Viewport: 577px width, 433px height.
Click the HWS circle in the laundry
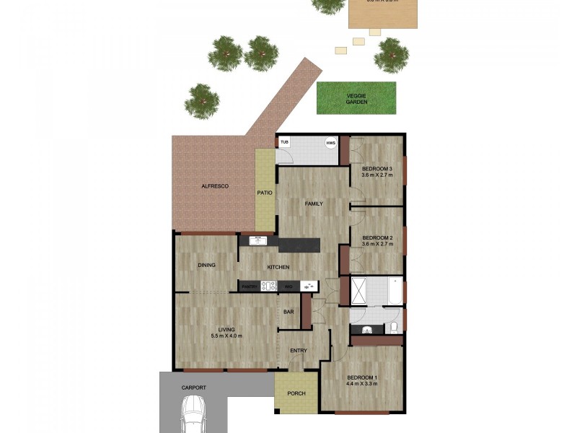pyautogui.click(x=331, y=143)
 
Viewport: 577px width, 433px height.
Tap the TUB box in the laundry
pyautogui.click(x=284, y=143)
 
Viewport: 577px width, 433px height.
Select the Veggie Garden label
pyautogui.click(x=356, y=98)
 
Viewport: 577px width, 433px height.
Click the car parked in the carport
pyautogui.click(x=193, y=418)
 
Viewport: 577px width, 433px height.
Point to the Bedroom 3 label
pyautogui.click(x=376, y=170)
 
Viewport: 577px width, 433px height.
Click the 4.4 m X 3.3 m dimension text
pyautogui.click(x=361, y=385)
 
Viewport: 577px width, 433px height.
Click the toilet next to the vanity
pyautogui.click(x=393, y=328)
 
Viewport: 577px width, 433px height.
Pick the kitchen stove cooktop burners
pyautogui.click(x=268, y=287)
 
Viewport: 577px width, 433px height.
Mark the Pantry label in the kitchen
pyautogui.click(x=250, y=287)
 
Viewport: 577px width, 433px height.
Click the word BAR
pyautogui.click(x=288, y=312)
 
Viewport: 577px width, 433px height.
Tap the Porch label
pyautogui.click(x=296, y=393)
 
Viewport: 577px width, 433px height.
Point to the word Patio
pyautogui.click(x=265, y=193)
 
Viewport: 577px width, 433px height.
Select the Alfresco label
pyautogui.click(x=214, y=186)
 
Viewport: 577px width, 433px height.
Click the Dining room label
pyautogui.click(x=206, y=265)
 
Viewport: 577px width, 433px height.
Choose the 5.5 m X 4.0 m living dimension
pyautogui.click(x=227, y=336)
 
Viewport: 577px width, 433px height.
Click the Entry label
pyautogui.click(x=299, y=351)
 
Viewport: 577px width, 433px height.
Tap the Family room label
pyautogui.click(x=314, y=204)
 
